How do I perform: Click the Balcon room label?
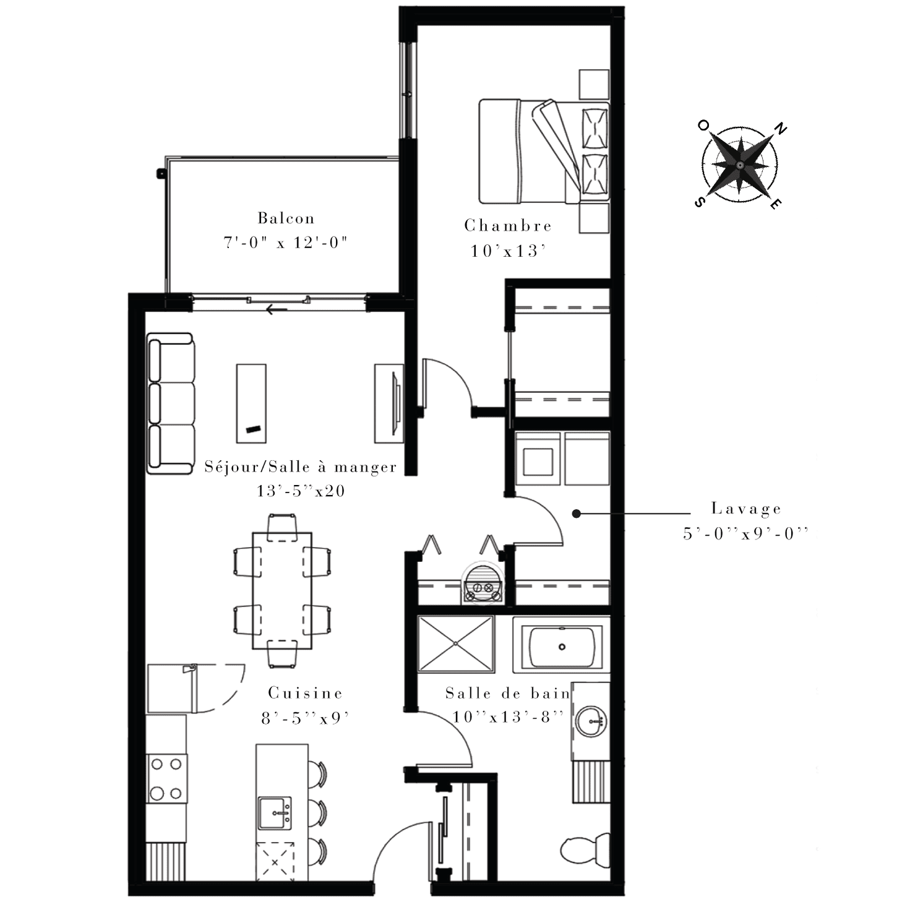[x=286, y=218]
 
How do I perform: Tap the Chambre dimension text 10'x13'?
[x=509, y=251]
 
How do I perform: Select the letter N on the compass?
[x=781, y=128]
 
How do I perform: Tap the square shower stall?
[x=455, y=644]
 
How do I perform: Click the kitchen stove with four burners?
[x=166, y=778]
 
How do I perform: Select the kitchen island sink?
[x=275, y=813]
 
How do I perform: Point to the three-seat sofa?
[x=170, y=403]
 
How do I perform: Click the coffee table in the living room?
[x=251, y=403]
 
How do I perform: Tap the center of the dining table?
[x=282, y=591]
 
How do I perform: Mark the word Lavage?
[x=745, y=509]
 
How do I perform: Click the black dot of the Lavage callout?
[x=577, y=513]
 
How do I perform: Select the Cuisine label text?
[x=305, y=693]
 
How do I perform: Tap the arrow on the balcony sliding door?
[x=277, y=309]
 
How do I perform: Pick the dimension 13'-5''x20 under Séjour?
[x=301, y=491]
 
